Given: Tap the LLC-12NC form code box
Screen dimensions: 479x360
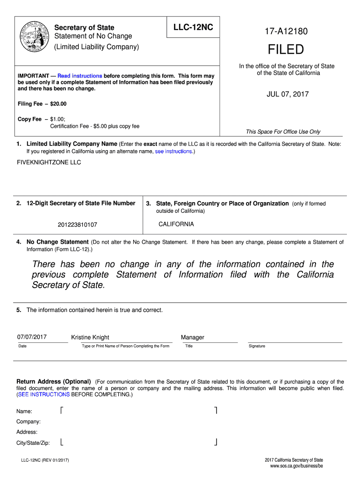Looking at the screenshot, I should (x=193, y=28).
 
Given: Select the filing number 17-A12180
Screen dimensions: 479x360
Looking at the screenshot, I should (x=286, y=32).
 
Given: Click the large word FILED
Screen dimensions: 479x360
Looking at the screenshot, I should (x=286, y=49).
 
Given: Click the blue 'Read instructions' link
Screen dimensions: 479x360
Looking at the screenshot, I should (x=80, y=76).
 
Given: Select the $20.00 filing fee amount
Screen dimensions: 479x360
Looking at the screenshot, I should (x=58, y=103).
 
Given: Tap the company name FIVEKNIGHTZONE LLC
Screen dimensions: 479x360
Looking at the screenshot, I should (x=49, y=162).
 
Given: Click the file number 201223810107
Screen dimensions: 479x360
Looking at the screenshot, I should (x=78, y=225).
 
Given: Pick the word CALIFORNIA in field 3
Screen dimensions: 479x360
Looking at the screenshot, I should (x=176, y=224).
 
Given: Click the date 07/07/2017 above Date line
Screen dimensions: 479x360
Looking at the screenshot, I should (x=32, y=337).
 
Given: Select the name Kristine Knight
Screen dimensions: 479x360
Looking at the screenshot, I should (x=90, y=337).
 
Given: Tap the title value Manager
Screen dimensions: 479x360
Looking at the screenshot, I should (x=193, y=337).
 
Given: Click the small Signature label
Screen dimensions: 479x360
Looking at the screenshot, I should (x=257, y=346).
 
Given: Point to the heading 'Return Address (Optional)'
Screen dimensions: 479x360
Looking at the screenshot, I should (x=54, y=382).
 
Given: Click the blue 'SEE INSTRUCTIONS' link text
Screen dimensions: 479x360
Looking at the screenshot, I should (x=44, y=394).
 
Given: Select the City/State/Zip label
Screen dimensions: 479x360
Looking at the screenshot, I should (x=33, y=443).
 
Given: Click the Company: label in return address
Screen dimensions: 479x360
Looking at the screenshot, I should (x=29, y=421).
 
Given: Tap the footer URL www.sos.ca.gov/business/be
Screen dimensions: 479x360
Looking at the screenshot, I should (x=296, y=467).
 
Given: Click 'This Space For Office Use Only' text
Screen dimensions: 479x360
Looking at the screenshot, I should (x=283, y=132).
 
